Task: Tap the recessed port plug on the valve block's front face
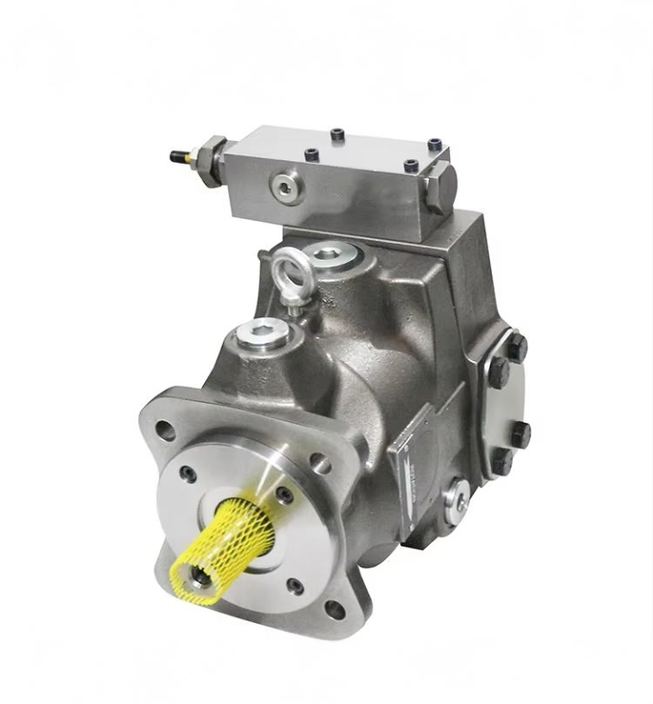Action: [x=286, y=186]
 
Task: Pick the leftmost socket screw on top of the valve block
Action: [x=337, y=136]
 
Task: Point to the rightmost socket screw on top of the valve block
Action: [x=435, y=145]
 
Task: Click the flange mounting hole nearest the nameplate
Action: [x=319, y=463]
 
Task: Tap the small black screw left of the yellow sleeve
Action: [x=187, y=475]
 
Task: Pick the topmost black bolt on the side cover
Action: [x=516, y=347]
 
